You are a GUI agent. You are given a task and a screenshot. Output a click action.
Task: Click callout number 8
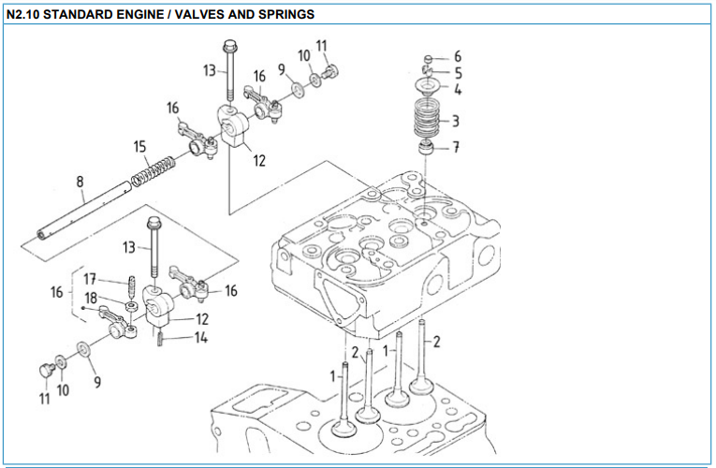(80, 183)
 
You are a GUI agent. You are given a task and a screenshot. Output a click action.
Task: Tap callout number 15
(140, 147)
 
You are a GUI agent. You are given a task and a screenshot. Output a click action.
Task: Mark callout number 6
(457, 56)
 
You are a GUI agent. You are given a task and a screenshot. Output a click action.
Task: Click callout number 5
(457, 73)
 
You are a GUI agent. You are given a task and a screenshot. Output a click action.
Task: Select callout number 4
(457, 90)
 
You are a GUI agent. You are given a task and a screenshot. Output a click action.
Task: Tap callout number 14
(201, 338)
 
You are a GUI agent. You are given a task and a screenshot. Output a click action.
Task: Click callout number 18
(90, 299)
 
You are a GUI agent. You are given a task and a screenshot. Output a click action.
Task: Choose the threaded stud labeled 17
(133, 283)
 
